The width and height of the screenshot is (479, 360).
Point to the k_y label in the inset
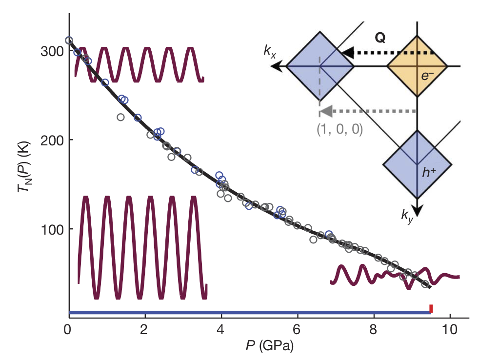tap(406, 217)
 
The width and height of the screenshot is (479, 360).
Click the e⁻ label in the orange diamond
tap(427, 76)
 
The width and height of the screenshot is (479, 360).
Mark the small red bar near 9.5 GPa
tap(431, 308)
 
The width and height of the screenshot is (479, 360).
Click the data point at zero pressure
tap(69, 40)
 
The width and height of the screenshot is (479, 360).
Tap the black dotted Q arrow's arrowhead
tap(345, 53)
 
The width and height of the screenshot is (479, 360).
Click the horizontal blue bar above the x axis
tap(244, 312)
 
